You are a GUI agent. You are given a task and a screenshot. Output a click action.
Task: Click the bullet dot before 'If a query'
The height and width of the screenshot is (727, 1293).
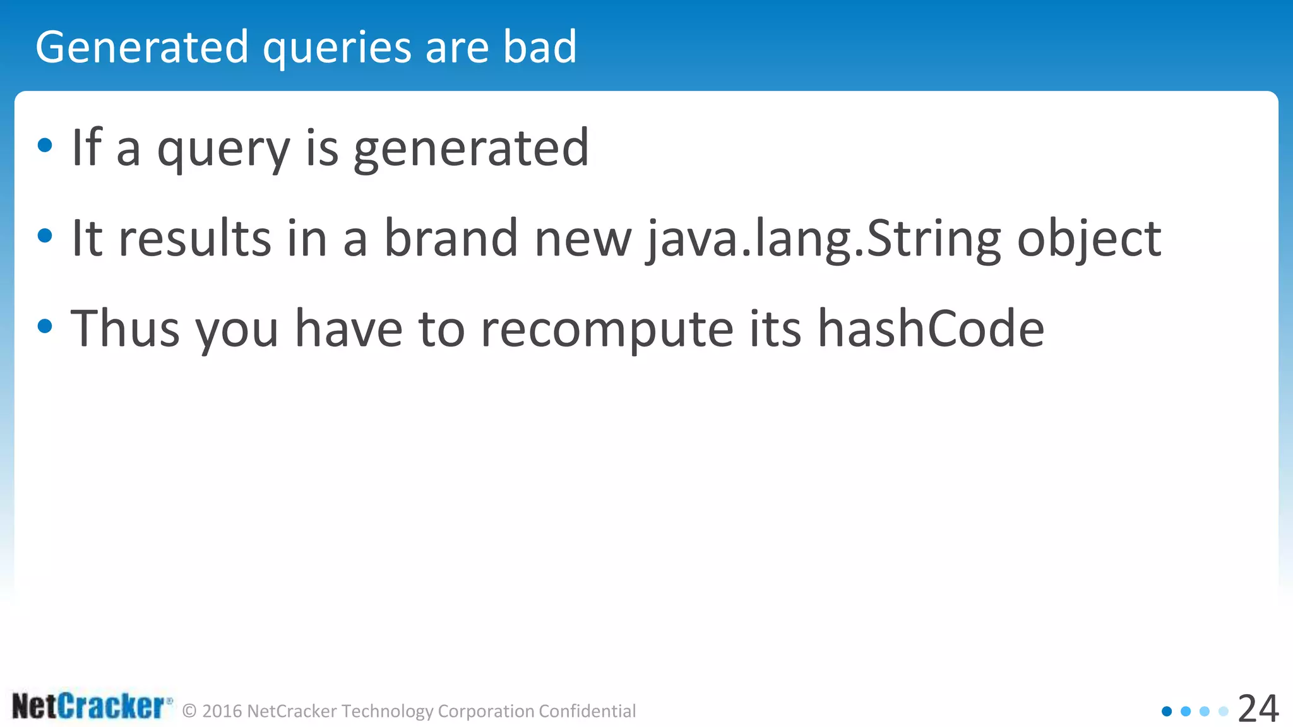click(45, 146)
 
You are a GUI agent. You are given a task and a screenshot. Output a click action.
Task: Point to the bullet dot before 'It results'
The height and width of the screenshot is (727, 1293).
click(45, 237)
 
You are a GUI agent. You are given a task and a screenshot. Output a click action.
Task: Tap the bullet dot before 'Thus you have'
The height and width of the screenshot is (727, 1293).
click(45, 327)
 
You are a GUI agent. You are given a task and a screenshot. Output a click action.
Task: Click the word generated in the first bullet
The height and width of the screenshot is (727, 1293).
click(471, 149)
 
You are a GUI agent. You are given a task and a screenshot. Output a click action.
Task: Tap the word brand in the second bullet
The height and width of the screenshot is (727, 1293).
click(451, 238)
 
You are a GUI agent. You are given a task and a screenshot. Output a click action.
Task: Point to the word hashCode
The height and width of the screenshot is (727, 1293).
click(931, 328)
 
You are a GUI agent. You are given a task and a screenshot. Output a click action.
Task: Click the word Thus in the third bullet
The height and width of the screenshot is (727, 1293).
click(125, 328)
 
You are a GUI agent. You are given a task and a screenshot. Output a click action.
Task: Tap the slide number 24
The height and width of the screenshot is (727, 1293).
click(1258, 709)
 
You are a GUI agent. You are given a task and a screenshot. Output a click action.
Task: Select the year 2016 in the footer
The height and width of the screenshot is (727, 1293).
click(222, 711)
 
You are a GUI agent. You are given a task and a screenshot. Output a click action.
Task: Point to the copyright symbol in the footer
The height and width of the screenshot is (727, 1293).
click(189, 711)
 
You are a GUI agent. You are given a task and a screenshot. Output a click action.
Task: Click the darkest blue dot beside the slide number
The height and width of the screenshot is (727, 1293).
click(1167, 711)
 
